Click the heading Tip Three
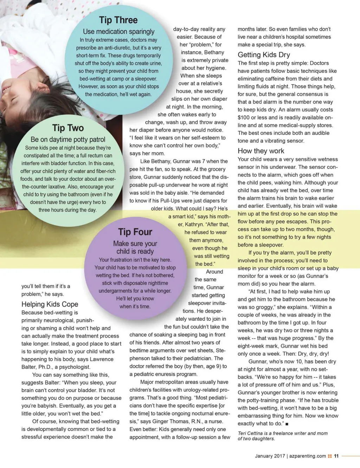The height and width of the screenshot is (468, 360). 118,20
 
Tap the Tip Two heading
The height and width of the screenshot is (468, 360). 68,128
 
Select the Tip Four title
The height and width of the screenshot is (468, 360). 135,232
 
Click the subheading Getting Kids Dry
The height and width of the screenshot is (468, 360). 264,55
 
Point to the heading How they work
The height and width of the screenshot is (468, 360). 261,151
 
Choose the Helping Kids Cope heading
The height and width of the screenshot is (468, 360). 50,304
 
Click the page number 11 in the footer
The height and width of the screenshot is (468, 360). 336,456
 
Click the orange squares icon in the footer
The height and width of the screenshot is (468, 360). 330,456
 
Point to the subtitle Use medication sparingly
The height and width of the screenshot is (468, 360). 118,32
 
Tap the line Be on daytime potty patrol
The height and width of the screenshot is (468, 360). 68,140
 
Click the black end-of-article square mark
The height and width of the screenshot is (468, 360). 287,424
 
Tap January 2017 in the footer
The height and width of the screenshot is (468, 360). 270,456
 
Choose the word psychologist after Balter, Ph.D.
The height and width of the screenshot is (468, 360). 74,367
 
